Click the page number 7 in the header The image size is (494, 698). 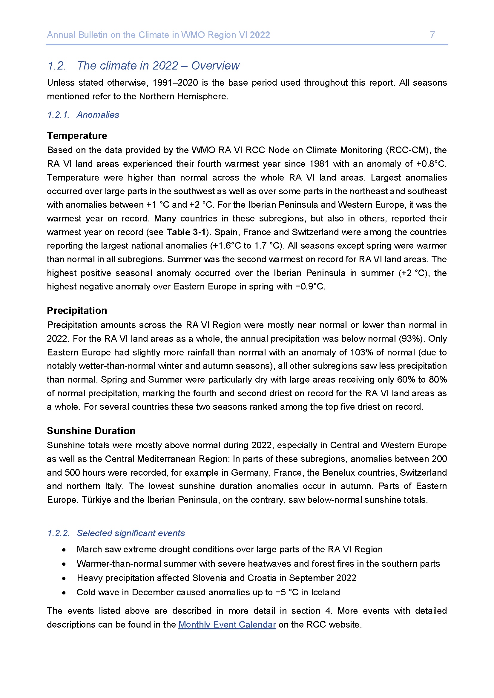coord(432,35)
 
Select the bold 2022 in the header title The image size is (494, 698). coord(260,35)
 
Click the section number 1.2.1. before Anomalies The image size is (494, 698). coord(59,115)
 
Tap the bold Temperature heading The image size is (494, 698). coord(77,135)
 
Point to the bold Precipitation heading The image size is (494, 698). coord(77,310)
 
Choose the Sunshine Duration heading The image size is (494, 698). coord(91,431)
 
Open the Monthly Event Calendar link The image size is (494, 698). coord(227,624)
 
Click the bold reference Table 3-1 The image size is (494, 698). coord(186,232)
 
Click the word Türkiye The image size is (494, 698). coord(96,500)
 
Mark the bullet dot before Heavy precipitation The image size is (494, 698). coord(64,578)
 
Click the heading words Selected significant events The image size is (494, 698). coord(131,533)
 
